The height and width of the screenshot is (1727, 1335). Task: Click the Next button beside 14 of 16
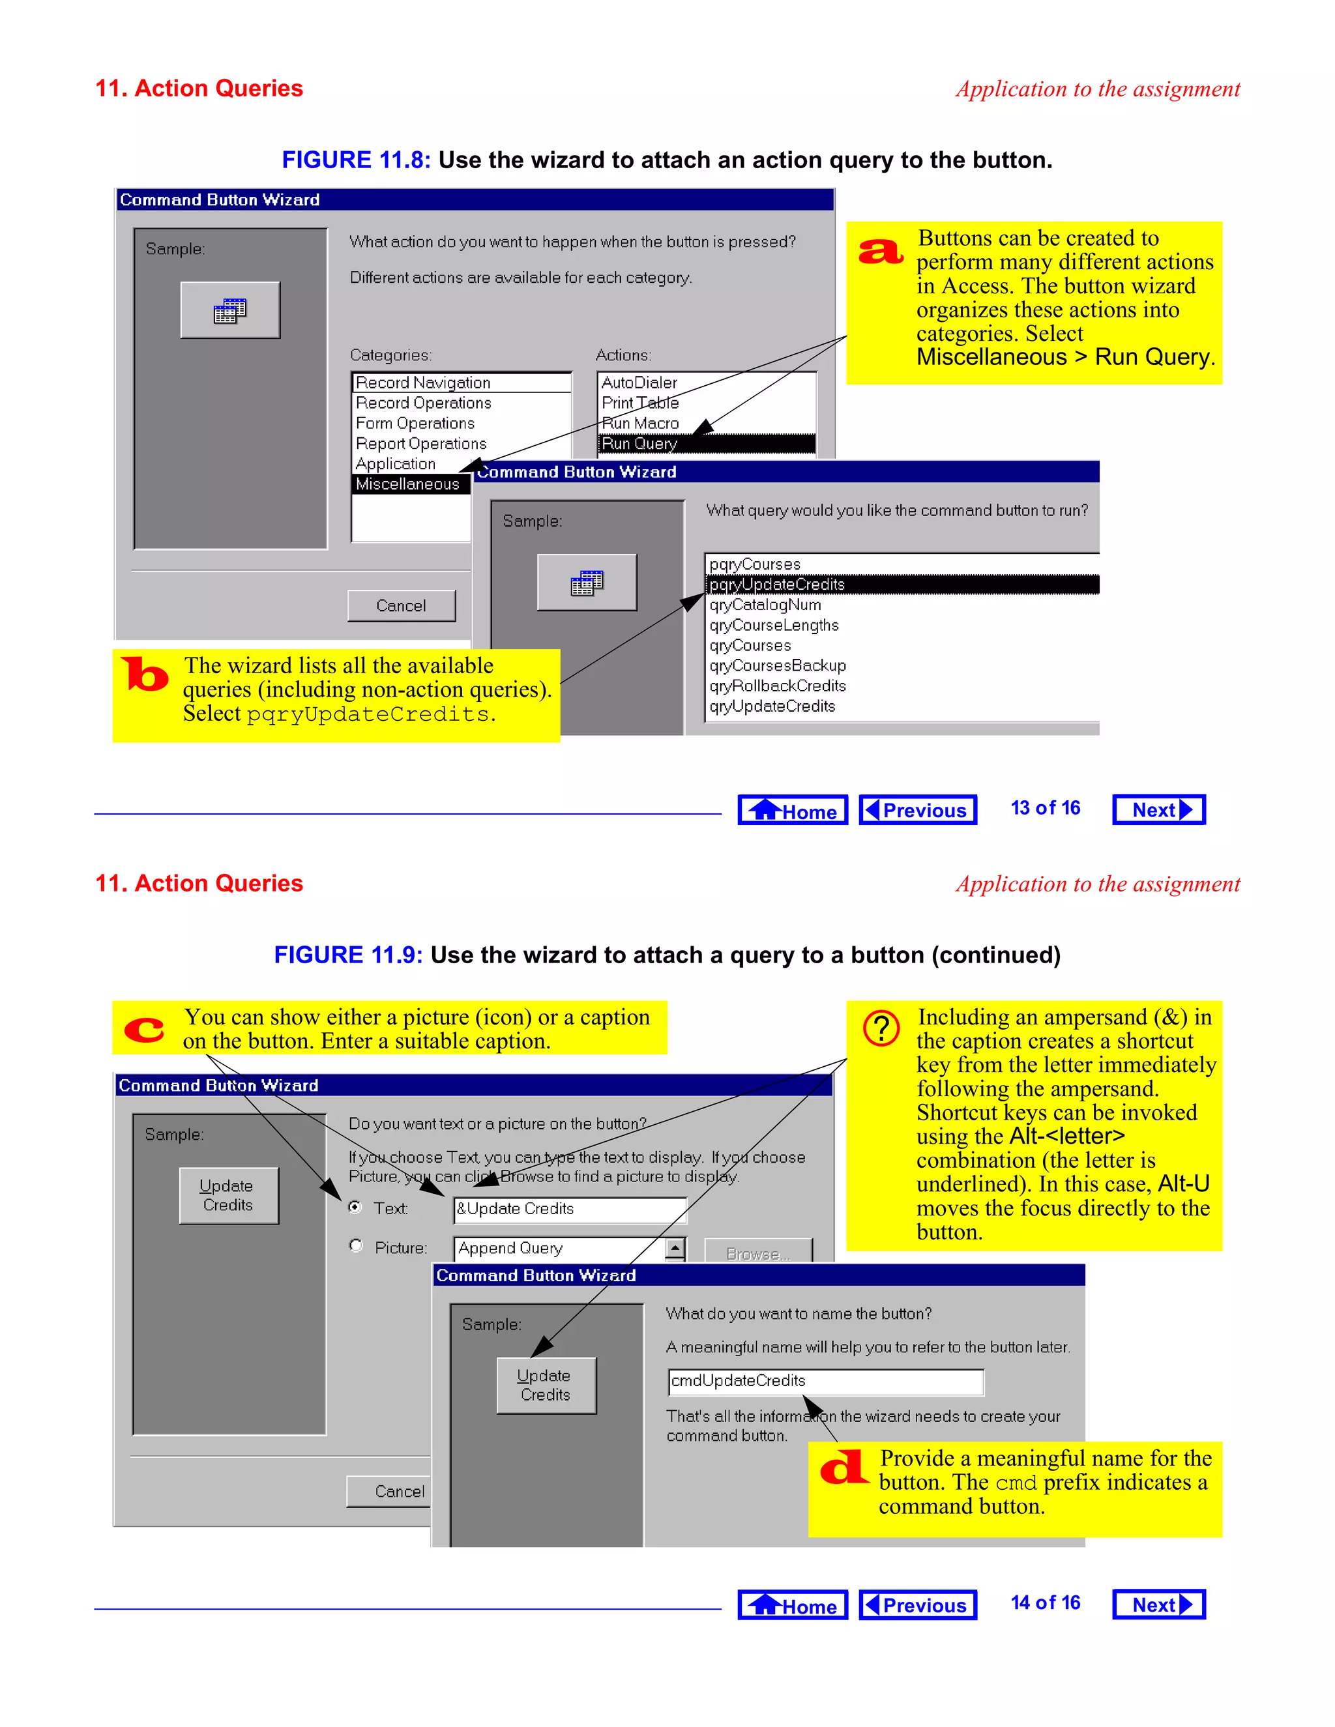pos(1158,1604)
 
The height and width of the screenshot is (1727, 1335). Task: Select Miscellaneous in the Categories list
pos(407,484)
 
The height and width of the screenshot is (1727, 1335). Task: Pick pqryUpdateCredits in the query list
pos(776,585)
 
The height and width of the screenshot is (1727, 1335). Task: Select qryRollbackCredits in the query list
pos(778,686)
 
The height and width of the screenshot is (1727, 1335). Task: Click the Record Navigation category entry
pos(423,383)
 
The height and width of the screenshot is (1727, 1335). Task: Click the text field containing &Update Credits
pos(570,1209)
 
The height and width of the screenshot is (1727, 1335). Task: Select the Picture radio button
pos(356,1245)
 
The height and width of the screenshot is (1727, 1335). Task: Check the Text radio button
pos(355,1207)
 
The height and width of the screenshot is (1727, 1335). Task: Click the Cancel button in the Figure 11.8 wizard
pos(401,605)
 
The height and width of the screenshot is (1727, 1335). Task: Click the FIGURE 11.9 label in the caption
pos(348,955)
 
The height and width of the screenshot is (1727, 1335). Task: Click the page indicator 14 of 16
pos(1045,1603)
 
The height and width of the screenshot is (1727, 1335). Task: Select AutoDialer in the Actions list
pos(639,383)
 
